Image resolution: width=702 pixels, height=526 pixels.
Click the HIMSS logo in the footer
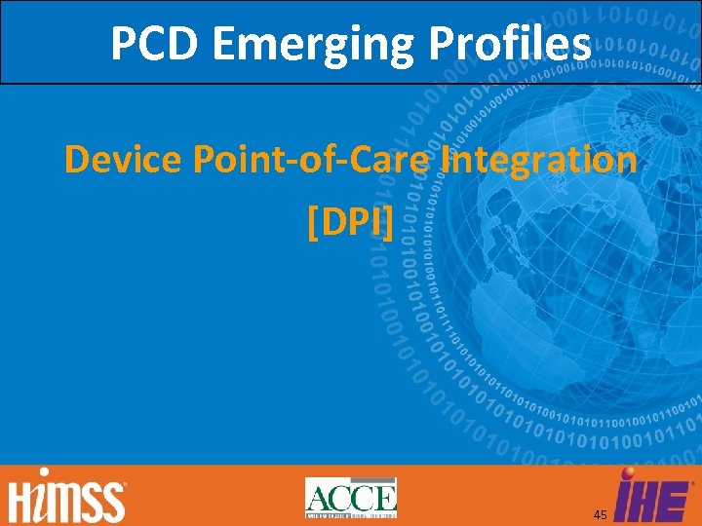click(x=67, y=498)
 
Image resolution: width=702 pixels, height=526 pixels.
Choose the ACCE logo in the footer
click(x=351, y=497)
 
